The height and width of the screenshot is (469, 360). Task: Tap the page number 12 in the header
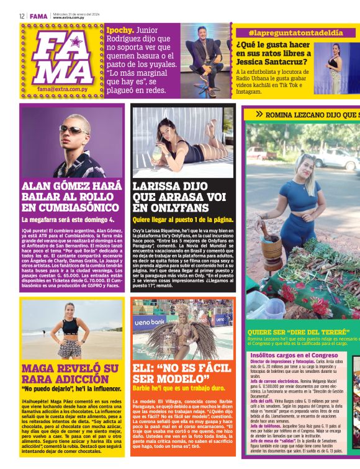tap(21, 16)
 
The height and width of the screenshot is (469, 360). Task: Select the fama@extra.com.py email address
tap(61, 89)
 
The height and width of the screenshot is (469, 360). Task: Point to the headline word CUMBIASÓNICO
tap(70, 207)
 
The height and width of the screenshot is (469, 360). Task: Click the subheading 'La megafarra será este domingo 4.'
tap(68, 220)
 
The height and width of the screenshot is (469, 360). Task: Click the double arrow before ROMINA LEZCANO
tap(258, 114)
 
